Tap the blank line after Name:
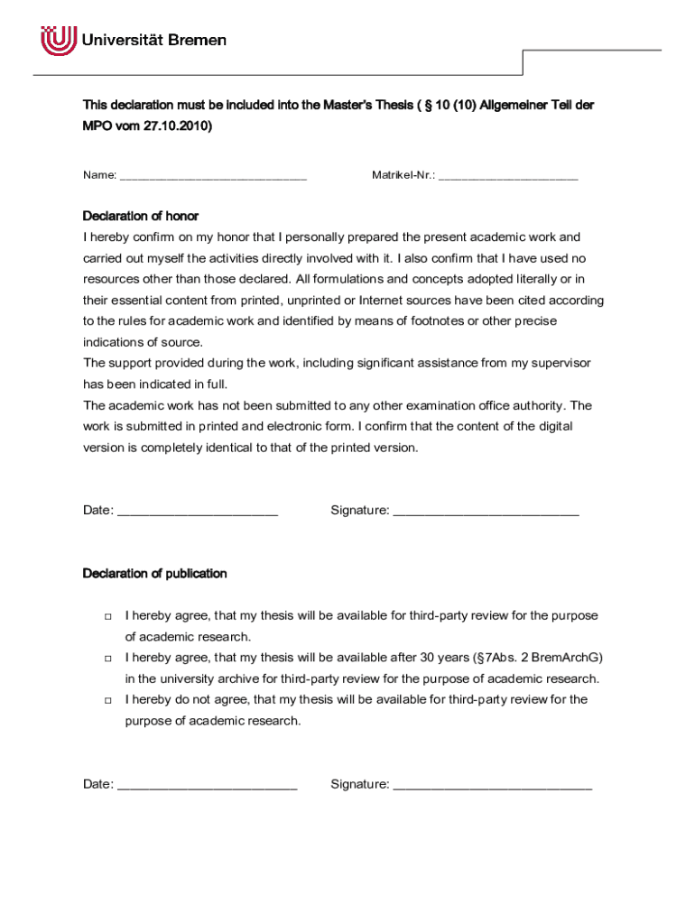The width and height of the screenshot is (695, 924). click(213, 175)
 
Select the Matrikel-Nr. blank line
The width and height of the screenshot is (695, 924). click(508, 175)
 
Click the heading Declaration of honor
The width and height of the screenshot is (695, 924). click(141, 217)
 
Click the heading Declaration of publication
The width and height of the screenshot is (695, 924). click(155, 574)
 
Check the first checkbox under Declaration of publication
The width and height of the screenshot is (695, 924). click(107, 616)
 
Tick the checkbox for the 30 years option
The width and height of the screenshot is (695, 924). click(107, 658)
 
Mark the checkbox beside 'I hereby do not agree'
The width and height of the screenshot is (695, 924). click(107, 700)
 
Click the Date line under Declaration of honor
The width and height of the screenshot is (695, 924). click(198, 512)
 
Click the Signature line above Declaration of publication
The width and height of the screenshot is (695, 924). click(486, 512)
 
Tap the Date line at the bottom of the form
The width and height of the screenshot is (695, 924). click(208, 785)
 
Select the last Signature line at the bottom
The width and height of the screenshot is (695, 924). click(493, 785)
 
